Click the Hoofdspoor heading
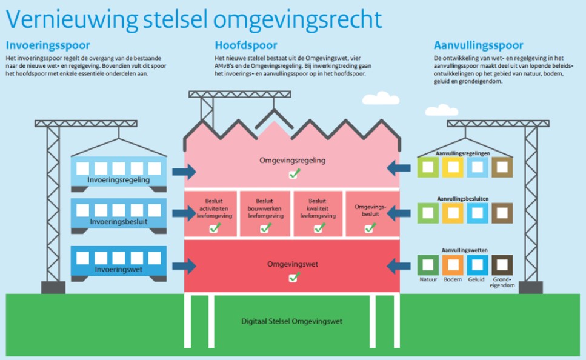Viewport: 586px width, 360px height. click(246, 45)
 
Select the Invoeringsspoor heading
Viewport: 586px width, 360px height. click(48, 45)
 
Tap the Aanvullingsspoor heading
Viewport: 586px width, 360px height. click(479, 45)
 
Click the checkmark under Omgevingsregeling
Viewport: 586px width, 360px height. click(293, 174)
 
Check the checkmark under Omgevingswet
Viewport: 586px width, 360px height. click(293, 278)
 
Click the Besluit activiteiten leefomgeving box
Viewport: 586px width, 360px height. click(211, 213)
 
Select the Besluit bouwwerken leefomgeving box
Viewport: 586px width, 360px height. click(264, 213)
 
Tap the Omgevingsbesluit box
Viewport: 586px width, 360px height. click(370, 213)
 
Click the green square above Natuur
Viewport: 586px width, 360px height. click(428, 265)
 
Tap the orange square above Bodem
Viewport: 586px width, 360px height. click(453, 265)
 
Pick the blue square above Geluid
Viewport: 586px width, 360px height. click(477, 265)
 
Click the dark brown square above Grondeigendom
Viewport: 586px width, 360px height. click(502, 265)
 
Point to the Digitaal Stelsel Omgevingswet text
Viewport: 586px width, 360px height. click(293, 322)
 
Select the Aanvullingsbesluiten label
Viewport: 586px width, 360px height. click(465, 198)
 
